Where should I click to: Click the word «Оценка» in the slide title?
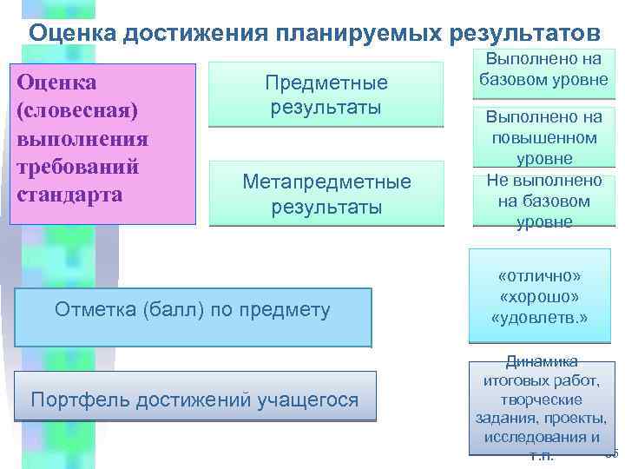[72, 33]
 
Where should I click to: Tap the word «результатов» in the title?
[523, 33]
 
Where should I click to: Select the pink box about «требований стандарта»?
[103, 143]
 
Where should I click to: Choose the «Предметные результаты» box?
[326, 96]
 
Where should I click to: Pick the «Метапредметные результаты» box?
[326, 194]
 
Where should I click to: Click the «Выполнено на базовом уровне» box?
[543, 72]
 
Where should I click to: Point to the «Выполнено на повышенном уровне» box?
[543, 137]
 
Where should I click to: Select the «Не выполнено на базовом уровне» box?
[543, 201]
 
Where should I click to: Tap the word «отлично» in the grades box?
[540, 275]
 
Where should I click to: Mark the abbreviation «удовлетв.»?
[540, 318]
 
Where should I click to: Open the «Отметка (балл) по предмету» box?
[193, 310]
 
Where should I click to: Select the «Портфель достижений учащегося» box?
[194, 400]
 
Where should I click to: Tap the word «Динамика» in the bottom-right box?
[542, 363]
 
